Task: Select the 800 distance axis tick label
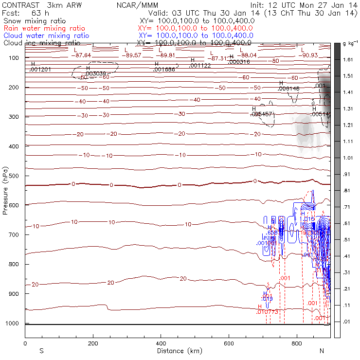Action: [x=297, y=343]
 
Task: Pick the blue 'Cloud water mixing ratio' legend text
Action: [x=46, y=36]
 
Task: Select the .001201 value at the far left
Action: [x=40, y=70]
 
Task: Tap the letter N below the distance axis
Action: [x=322, y=351]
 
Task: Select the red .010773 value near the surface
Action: [x=267, y=312]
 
